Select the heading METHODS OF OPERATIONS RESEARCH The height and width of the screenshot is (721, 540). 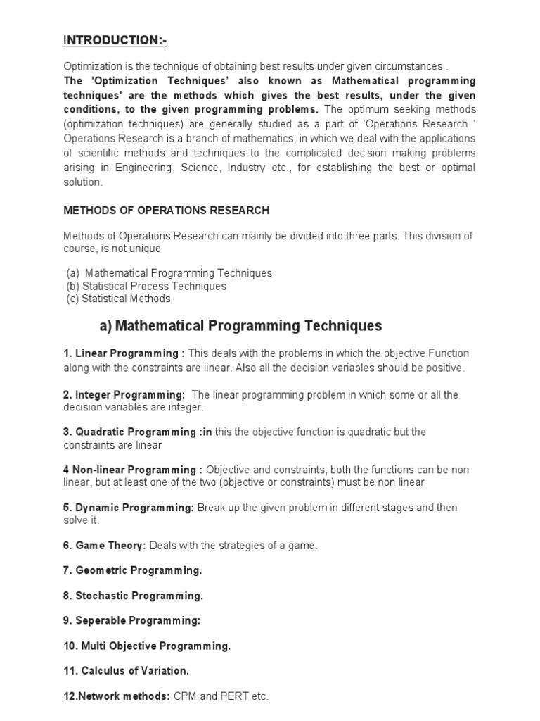[166, 210]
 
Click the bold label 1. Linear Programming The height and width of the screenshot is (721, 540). [124, 353]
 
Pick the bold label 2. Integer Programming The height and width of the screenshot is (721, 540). [124, 395]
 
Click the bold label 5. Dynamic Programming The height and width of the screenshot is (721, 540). [129, 508]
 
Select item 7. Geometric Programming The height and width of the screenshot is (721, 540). [132, 570]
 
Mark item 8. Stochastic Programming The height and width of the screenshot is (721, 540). [133, 596]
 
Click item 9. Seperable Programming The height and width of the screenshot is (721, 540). [132, 621]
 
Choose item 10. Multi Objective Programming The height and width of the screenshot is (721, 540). [147, 646]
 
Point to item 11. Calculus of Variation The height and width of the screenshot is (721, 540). [127, 671]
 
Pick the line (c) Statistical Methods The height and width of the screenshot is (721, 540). [117, 299]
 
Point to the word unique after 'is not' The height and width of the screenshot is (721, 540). [145, 249]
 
